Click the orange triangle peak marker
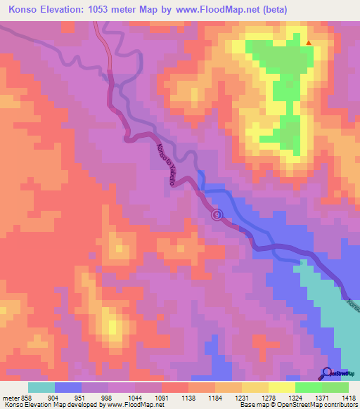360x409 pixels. click(308, 44)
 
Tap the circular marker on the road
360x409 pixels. click(217, 214)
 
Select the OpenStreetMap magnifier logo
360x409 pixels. click(327, 372)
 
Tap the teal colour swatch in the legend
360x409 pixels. click(41, 387)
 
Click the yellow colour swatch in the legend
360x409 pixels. click(281, 387)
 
